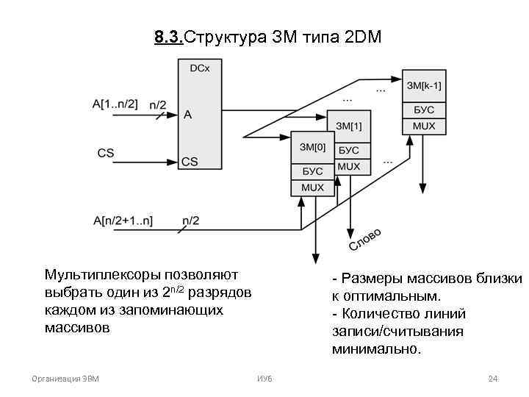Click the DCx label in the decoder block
(199, 68)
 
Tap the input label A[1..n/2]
(115, 104)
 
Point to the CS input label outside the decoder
(106, 153)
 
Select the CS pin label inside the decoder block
(190, 161)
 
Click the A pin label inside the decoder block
(187, 115)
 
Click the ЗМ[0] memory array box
(312, 147)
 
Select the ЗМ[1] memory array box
(348, 126)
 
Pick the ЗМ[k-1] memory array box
(424, 86)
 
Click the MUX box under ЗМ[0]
(312, 187)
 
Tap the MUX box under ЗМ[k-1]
(424, 126)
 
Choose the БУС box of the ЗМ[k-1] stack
(424, 110)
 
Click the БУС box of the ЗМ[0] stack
(312, 172)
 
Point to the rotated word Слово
(364, 239)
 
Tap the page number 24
(493, 379)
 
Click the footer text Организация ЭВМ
(66, 379)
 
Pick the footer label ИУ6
(264, 379)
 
